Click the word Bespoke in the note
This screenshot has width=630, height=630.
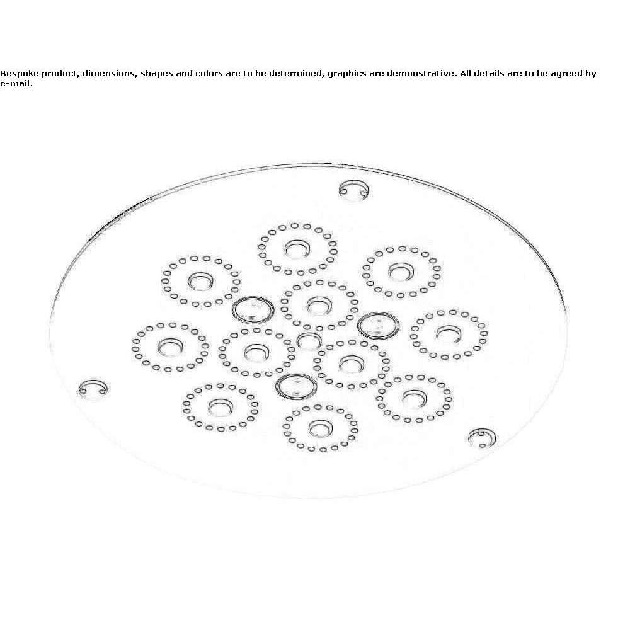(x=20, y=74)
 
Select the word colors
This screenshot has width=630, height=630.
(x=209, y=74)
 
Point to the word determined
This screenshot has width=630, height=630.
(x=297, y=74)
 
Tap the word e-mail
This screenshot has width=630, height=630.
(x=16, y=84)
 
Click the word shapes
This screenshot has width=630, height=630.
(x=156, y=74)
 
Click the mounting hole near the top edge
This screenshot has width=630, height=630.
(x=353, y=190)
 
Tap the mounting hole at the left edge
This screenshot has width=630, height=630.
(x=93, y=388)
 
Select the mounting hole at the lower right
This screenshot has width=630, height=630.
(x=482, y=437)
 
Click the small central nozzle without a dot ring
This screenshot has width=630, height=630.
(x=309, y=341)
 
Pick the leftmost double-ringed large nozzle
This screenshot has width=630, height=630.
(x=253, y=310)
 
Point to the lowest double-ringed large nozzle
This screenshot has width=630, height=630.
(x=296, y=387)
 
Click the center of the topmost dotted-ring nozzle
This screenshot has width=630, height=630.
(x=297, y=249)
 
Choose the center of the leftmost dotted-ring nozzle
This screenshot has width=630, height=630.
(x=170, y=347)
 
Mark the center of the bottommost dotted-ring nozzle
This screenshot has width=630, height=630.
(x=320, y=428)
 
